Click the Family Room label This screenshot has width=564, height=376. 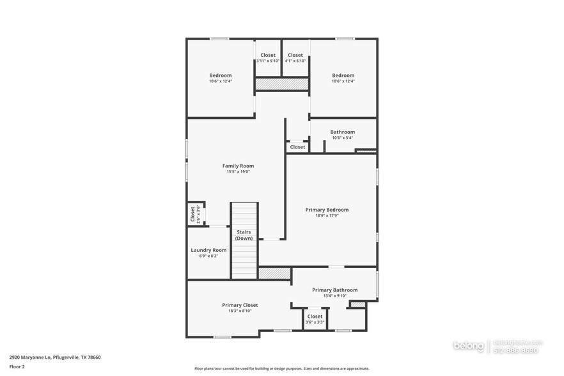pos(238,166)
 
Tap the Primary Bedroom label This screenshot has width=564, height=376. pos(327,210)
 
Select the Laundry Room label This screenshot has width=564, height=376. pos(208,250)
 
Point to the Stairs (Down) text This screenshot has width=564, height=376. pos(244,235)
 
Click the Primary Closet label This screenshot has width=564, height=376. pos(240,305)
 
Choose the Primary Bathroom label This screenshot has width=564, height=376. pos(334,290)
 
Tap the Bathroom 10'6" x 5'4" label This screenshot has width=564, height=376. pos(342,132)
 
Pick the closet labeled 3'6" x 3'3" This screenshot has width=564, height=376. pos(315,318)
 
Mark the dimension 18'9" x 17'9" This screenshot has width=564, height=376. pos(327,215)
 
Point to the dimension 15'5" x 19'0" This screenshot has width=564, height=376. pos(238,171)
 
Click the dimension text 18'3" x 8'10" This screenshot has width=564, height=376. pos(240,311)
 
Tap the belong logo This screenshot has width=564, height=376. pos(469,346)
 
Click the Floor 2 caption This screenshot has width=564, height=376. pos(17,366)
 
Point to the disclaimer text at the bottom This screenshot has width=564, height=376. pos(281,368)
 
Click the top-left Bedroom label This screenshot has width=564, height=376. pos(220,75)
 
